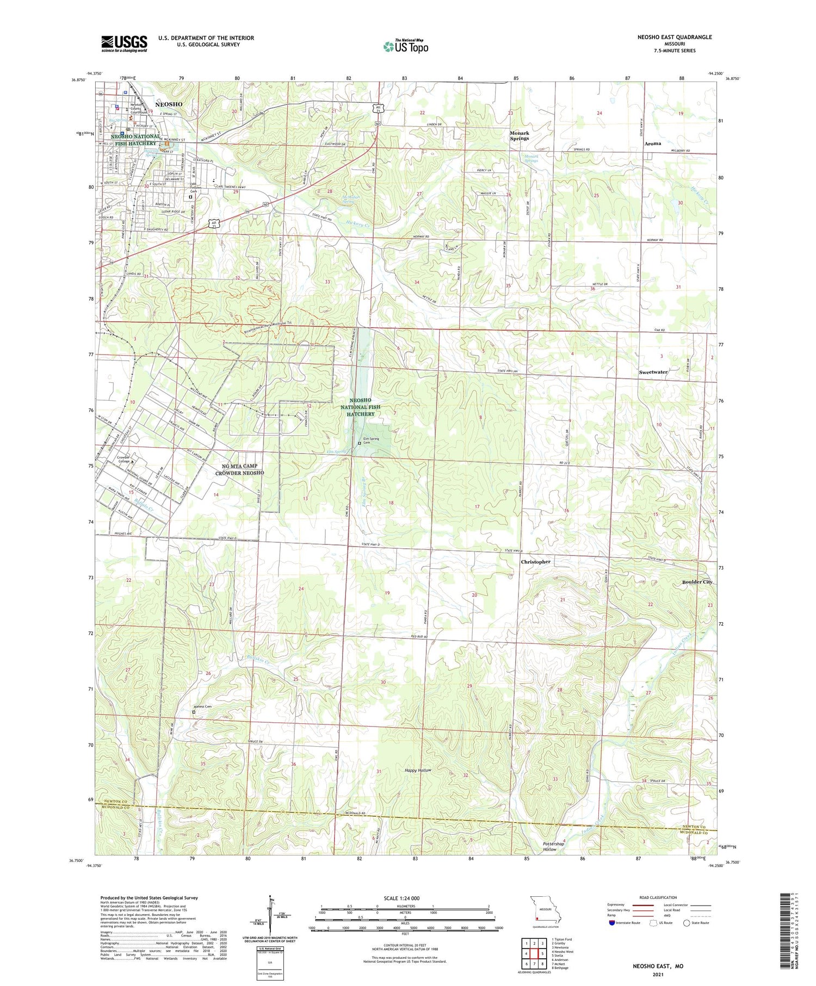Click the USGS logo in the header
124,44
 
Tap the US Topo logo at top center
405,46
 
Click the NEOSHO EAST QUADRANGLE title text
667,37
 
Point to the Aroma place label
652,144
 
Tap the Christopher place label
535,561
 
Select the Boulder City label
697,581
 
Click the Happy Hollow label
418,771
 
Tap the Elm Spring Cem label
372,441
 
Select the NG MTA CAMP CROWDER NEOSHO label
239,469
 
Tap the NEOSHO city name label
169,103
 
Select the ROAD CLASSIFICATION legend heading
658,897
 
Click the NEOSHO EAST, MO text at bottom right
657,966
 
